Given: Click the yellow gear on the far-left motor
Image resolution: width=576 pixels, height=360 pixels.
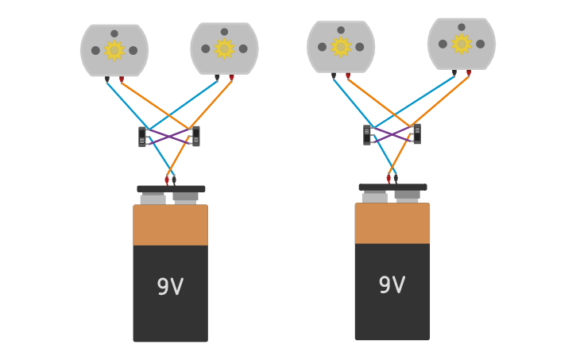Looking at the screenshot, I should click(x=114, y=50).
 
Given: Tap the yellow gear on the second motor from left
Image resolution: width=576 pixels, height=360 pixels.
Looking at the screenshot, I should click(x=224, y=48).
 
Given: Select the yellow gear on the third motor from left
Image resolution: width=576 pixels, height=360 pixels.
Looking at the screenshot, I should click(x=341, y=47).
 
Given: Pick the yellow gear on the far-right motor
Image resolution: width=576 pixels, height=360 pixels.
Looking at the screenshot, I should click(x=461, y=44).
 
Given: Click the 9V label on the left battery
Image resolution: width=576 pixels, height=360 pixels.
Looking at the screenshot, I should click(x=170, y=287).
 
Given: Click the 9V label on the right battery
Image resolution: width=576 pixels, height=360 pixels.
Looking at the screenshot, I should click(x=392, y=285).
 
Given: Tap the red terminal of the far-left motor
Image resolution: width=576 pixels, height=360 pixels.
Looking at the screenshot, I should click(x=122, y=79).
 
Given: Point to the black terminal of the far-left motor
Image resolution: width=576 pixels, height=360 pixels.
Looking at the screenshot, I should click(x=107, y=79).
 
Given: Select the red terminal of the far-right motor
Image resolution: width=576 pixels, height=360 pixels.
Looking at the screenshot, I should click(x=469, y=72).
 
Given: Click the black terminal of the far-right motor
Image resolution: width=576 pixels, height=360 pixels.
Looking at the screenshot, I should click(x=454, y=72).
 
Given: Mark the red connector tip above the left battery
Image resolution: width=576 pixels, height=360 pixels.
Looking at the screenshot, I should click(x=167, y=180).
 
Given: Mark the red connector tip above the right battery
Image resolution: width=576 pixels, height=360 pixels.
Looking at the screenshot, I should click(x=389, y=179).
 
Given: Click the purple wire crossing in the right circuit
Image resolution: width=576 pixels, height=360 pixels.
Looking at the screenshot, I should click(x=392, y=134).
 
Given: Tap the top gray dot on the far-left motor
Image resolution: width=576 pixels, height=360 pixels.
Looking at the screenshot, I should click(x=114, y=33).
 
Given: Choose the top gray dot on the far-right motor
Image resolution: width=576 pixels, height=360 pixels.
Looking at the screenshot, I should click(x=462, y=27).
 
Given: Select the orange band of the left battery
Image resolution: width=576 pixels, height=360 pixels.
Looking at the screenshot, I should click(x=170, y=225).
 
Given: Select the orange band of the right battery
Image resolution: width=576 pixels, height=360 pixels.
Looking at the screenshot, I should click(x=392, y=223).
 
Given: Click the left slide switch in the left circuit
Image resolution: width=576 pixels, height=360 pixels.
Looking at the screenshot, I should click(x=143, y=137).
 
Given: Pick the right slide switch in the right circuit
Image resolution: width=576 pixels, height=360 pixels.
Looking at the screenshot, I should click(x=417, y=134).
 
